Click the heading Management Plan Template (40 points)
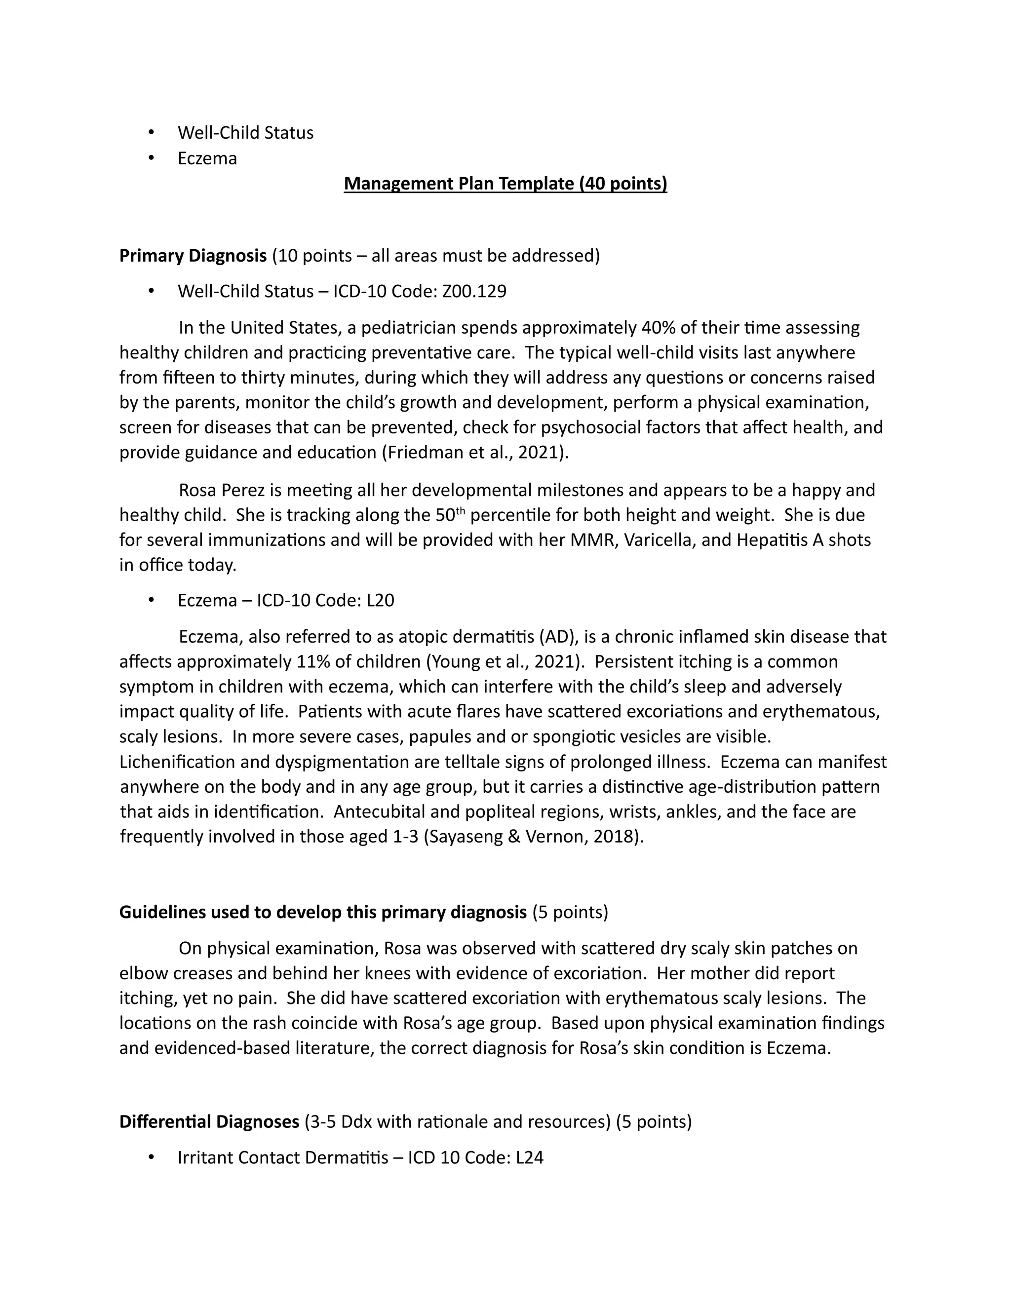click(x=505, y=183)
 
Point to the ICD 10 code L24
click(x=529, y=1157)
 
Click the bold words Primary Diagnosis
click(x=193, y=256)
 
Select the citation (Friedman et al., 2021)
click(x=475, y=452)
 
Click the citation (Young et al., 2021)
click(x=505, y=662)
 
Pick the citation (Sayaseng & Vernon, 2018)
click(x=533, y=837)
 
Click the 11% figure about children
click(x=309, y=662)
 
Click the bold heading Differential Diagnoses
click(x=209, y=1122)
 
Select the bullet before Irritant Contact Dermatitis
click(x=151, y=1157)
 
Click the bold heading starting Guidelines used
click(x=323, y=912)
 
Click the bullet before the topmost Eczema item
click(x=151, y=158)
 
